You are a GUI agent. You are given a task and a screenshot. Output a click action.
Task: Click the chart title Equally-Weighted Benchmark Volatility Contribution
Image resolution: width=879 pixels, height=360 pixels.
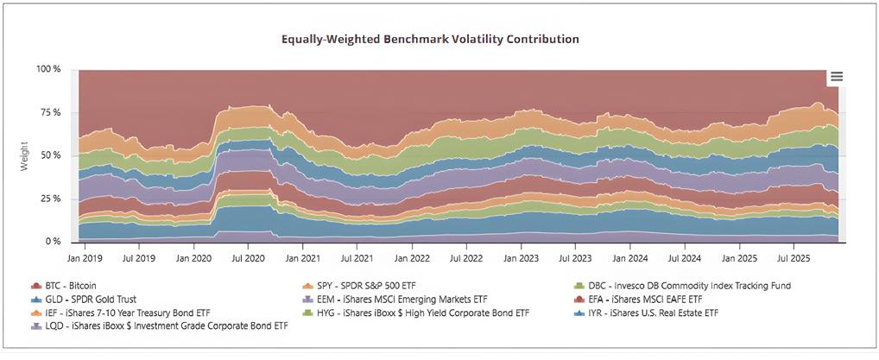430,40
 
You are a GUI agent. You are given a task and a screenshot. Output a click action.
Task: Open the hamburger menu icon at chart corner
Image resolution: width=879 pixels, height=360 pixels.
836,77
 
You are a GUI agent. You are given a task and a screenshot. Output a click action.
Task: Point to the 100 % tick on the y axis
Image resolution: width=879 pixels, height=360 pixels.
48,69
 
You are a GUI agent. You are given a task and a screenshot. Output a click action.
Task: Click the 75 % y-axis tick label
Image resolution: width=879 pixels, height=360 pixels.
51,112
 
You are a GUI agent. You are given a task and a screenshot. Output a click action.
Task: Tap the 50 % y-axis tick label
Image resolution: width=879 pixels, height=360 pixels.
51,155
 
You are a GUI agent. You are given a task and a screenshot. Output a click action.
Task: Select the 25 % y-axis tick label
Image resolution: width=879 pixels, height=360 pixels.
51,199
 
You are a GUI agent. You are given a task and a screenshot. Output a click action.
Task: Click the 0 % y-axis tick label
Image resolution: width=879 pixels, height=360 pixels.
54,242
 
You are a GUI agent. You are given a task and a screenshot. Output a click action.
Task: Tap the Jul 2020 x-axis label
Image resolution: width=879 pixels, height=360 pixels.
249,257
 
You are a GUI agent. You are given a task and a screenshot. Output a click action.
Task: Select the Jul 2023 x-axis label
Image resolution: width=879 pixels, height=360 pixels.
576,257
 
